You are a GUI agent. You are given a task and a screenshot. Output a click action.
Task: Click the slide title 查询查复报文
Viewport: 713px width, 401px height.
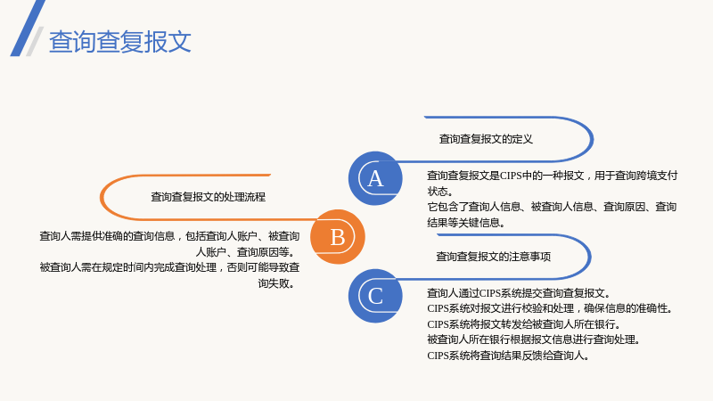120,41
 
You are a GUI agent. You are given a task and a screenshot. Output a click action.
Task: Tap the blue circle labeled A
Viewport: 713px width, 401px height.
375,178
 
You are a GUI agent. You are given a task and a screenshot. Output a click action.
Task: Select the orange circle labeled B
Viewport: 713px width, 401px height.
338,237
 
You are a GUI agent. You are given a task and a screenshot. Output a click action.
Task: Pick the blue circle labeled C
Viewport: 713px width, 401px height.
375,296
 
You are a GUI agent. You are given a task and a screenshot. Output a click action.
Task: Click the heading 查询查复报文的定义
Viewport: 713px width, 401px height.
486,139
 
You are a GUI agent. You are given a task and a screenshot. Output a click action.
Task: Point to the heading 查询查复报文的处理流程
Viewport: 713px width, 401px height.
208,197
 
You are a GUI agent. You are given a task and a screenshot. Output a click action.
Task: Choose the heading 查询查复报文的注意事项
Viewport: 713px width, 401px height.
494,257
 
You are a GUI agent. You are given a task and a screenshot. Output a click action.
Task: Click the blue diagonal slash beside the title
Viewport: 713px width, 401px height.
28,29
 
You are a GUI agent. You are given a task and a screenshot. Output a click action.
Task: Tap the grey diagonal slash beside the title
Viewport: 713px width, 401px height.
35,41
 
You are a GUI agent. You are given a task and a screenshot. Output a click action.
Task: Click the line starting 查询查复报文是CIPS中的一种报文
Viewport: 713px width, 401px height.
552,176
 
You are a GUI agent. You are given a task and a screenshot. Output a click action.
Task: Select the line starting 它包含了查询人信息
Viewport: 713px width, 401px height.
552,207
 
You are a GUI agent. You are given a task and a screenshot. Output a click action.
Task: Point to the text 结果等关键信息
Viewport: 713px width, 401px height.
465,223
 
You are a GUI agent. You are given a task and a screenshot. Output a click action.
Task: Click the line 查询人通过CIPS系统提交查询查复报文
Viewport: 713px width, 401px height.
519,293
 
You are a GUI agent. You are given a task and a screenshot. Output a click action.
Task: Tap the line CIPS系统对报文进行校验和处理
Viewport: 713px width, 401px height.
550,308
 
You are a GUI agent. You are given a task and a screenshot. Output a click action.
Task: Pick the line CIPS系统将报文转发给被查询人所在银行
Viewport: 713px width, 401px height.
524,324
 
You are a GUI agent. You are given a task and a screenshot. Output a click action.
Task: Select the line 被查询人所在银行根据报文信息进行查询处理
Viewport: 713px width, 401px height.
534,340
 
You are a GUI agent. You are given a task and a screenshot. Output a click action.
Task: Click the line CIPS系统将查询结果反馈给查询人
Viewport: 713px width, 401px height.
508,356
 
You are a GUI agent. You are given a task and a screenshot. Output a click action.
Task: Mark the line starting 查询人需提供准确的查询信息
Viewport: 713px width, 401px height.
169,236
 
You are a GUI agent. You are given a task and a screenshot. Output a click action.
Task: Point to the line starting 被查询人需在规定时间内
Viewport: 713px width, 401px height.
169,267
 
